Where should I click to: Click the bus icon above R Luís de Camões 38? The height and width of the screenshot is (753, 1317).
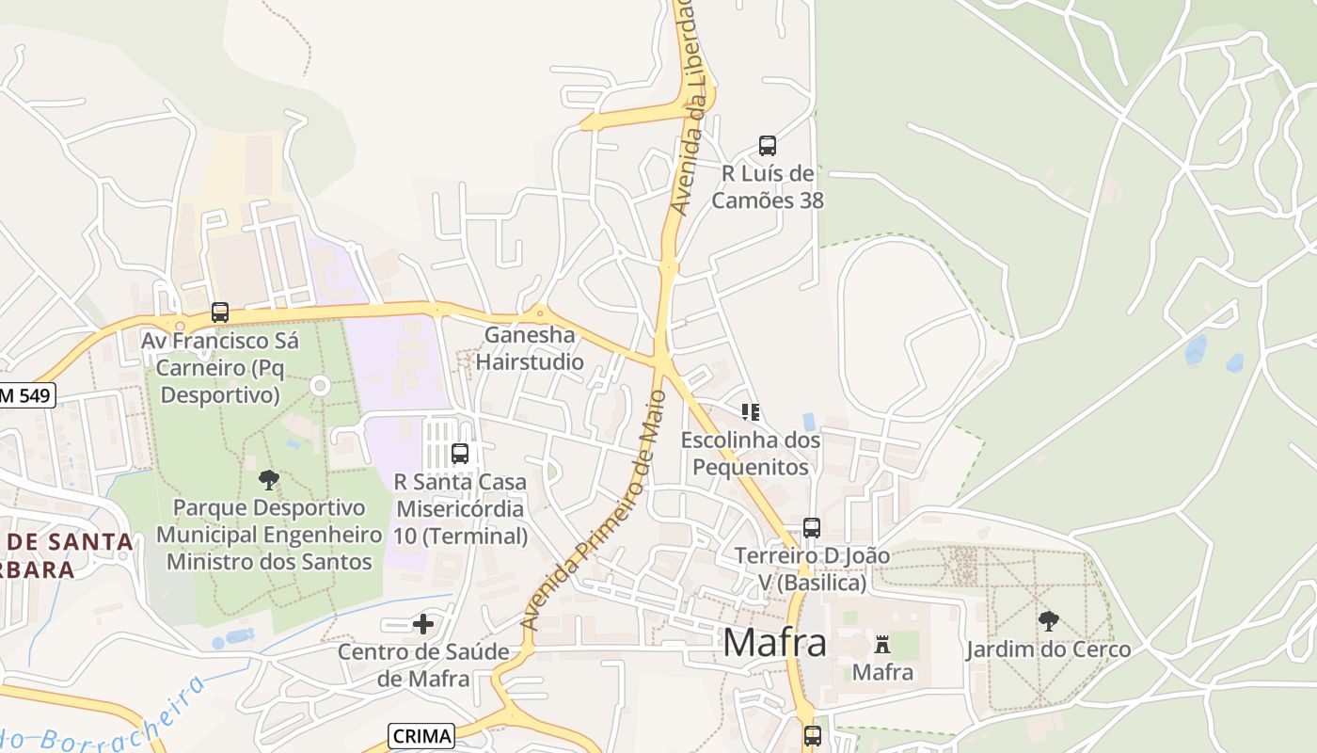coord(768,146)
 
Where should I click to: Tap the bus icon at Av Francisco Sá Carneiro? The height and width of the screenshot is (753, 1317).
coord(220,312)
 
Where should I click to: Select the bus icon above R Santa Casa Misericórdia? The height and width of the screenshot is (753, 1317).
coord(460,454)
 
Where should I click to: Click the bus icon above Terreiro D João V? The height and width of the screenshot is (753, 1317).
coord(812,528)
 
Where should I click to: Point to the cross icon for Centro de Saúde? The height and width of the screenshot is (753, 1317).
coord(423,623)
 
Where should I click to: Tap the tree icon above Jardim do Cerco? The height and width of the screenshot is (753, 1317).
coord(1048,621)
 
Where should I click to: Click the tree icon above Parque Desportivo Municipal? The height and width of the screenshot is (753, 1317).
coord(268,480)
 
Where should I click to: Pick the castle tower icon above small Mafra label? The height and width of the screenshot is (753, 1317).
coord(882,645)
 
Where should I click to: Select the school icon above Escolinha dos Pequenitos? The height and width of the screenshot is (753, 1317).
coord(750,412)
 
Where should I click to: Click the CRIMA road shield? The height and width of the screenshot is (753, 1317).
coord(420,736)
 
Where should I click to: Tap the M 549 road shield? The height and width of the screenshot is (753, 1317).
coord(26,396)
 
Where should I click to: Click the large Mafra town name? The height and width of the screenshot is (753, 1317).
coord(775,643)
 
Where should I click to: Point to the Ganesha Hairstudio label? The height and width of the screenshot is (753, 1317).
coord(530,348)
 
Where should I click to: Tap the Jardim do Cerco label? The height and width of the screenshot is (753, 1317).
coord(1048,649)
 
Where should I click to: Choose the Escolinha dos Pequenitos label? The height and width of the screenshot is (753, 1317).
coord(750,454)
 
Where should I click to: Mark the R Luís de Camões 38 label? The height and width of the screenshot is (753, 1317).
coord(768,186)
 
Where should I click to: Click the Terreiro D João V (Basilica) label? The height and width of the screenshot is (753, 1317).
coord(812,569)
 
